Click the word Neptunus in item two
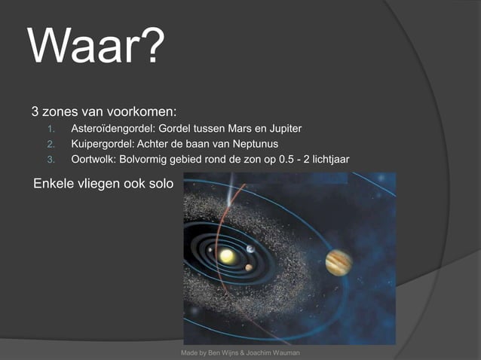tap(256, 144)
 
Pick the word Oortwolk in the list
tap(92, 159)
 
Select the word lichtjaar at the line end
tap(329, 159)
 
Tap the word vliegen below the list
tap(100, 184)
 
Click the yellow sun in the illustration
tap(226, 257)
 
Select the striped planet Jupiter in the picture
tap(339, 262)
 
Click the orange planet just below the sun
tap(248, 267)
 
